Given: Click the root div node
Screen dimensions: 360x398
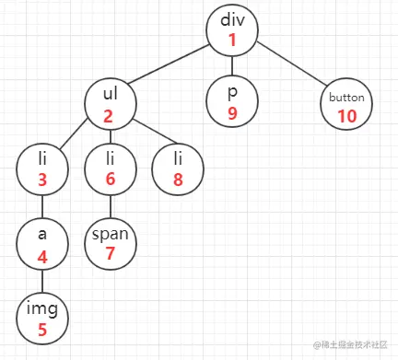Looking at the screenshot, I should pyautogui.click(x=231, y=30).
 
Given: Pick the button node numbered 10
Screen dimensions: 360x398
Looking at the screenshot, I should pyautogui.click(x=347, y=104).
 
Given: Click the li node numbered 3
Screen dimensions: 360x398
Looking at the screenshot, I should pyautogui.click(x=42, y=169).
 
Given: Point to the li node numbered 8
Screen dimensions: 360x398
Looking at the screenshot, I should pyautogui.click(x=177, y=169).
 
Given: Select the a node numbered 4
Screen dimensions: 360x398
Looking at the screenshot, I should pyautogui.click(x=42, y=243).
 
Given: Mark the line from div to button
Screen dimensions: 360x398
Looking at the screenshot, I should pyautogui.click(x=290, y=67).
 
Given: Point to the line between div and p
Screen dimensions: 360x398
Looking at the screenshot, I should pyautogui.click(x=231, y=66).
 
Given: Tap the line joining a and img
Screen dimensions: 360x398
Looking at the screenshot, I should pyautogui.click(x=42, y=281).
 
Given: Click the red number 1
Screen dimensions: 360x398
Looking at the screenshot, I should pyautogui.click(x=231, y=40).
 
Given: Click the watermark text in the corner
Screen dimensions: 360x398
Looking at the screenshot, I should pyautogui.click(x=356, y=345).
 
